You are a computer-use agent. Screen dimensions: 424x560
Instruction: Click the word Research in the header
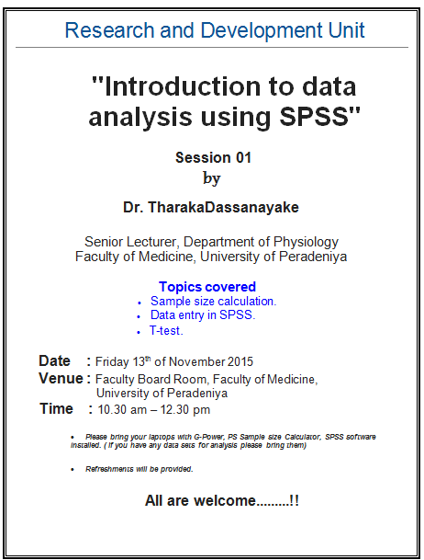[x=110, y=30]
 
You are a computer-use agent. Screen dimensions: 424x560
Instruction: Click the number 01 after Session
[x=244, y=157]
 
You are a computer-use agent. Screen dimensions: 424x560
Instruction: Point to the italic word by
[x=212, y=178]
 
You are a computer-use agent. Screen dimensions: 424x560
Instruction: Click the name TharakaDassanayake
[x=223, y=208]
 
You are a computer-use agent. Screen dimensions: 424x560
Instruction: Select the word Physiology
[x=306, y=243]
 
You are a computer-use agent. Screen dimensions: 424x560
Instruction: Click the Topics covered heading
[x=207, y=287]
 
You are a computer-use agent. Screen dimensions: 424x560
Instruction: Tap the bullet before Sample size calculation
[x=139, y=303]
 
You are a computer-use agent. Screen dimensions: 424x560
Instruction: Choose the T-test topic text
[x=166, y=331]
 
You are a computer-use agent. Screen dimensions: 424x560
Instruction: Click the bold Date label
[x=54, y=361]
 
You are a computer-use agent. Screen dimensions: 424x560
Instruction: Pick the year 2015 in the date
[x=240, y=361]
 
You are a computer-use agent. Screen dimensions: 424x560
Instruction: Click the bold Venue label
[x=61, y=379]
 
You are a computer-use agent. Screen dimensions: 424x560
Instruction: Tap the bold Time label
[x=56, y=409]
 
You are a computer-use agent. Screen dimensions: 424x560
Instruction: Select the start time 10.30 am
[x=122, y=409]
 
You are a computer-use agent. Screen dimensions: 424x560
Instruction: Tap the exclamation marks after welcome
[x=295, y=501]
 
